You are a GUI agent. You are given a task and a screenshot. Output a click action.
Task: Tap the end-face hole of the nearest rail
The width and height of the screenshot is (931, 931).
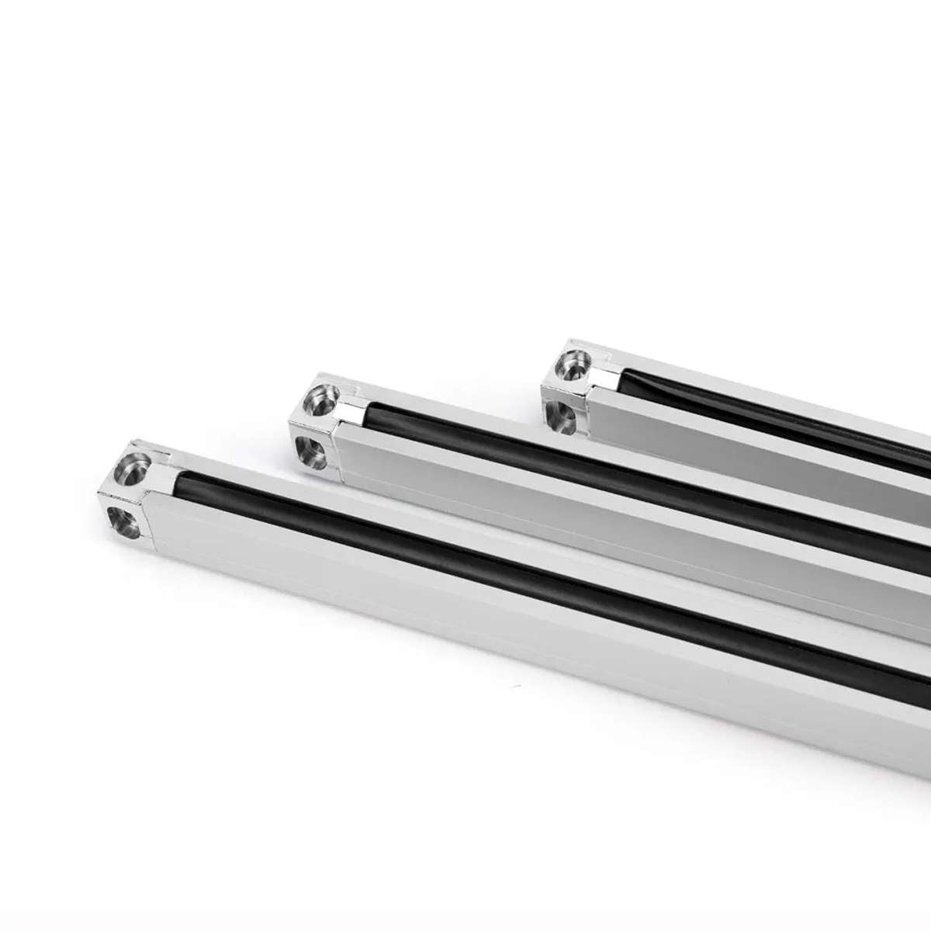[x=125, y=521]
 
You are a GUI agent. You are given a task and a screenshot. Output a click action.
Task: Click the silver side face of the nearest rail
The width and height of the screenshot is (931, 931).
[x=465, y=621]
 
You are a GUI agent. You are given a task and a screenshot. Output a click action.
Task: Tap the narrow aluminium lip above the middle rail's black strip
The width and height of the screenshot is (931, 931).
[x=621, y=458]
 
